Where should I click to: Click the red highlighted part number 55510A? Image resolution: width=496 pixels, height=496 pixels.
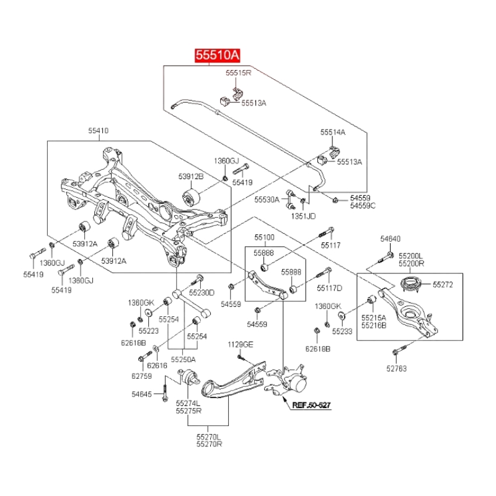[218, 55]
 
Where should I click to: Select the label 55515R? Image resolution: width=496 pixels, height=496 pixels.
[238, 73]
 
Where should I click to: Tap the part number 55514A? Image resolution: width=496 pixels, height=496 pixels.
[333, 133]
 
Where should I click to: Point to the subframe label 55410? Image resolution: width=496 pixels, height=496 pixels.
[97, 131]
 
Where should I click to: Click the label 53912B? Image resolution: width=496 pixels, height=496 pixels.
[191, 175]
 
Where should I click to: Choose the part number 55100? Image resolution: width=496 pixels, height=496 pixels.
[264, 237]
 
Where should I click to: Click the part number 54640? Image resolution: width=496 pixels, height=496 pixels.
[391, 238]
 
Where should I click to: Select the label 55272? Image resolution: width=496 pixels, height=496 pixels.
[443, 285]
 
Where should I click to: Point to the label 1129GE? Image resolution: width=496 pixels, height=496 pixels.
[240, 344]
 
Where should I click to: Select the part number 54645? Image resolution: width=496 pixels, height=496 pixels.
[141, 393]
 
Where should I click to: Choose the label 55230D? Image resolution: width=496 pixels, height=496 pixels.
[201, 293]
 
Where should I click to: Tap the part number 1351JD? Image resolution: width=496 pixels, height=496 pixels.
[304, 216]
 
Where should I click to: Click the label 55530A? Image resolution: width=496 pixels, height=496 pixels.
[267, 200]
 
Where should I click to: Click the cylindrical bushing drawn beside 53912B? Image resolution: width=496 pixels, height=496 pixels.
[191, 198]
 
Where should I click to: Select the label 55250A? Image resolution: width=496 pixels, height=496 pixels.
[183, 359]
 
